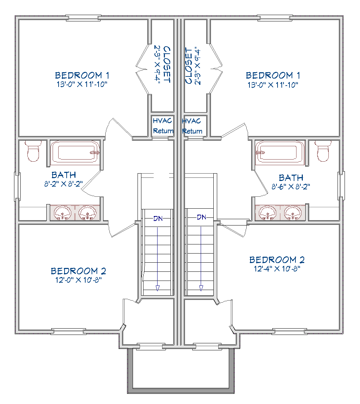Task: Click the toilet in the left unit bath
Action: coord(33,151)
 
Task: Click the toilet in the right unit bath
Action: coord(323,151)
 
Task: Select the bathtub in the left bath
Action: coord(75,153)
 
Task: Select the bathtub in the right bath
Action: coord(280,153)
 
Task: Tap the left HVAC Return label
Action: coord(163,126)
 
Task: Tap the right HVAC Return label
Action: coord(192,126)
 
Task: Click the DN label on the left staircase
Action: coord(158,218)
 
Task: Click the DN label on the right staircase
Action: coord(201,217)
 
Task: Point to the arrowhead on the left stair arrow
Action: coord(158,288)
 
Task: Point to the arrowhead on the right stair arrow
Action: coord(201,288)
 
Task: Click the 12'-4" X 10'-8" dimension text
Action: coord(277,269)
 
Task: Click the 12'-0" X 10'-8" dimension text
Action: coord(78,280)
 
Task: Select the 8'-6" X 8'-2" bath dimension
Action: coord(291,186)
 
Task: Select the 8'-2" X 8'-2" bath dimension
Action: coord(64,184)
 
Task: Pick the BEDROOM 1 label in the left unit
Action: coord(82,75)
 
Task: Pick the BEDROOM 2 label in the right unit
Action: coord(277,260)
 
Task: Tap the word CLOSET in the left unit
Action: coord(167,65)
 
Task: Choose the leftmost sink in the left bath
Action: coord(62,213)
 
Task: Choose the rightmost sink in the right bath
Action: coord(293,213)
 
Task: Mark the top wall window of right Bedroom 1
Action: coord(275,18)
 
